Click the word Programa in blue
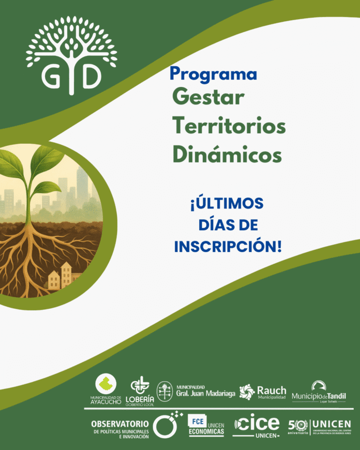click(x=213, y=74)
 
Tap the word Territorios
click(x=229, y=126)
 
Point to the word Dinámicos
click(x=227, y=154)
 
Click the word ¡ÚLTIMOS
click(x=227, y=203)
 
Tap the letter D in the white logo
click(x=89, y=77)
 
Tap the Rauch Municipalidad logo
click(x=262, y=392)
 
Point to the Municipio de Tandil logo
click(x=319, y=392)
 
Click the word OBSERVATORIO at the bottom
click(x=119, y=424)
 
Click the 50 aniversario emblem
click(x=297, y=426)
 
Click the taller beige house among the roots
click(x=66, y=275)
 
